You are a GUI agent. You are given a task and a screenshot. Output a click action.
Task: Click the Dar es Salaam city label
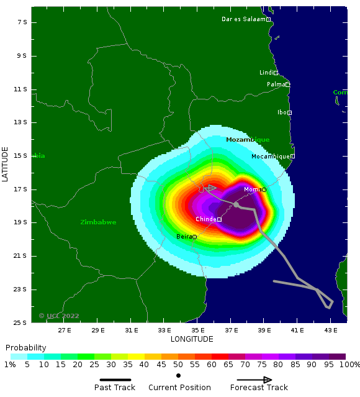pos(243,19)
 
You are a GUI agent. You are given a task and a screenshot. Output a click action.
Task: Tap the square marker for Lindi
pos(276,73)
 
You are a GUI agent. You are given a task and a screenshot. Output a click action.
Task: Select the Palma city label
pos(276,84)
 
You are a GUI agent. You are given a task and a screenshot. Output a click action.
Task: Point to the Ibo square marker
pos(289,112)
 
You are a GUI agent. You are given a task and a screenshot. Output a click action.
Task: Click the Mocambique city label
pos(270,157)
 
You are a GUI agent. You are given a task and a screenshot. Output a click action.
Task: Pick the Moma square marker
pos(264,189)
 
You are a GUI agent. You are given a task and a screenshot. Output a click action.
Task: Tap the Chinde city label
pos(205,219)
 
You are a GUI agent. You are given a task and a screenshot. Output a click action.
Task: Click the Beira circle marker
pos(194,237)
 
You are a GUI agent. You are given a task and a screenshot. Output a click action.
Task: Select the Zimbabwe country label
pos(98,222)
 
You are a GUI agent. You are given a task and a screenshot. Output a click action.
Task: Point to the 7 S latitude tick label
pos(21,22)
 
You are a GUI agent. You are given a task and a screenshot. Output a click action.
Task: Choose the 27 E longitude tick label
pos(65,331)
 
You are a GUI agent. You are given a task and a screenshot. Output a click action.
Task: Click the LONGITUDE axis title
pos(192,339)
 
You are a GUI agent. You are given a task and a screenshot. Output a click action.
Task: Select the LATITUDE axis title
pos(6,164)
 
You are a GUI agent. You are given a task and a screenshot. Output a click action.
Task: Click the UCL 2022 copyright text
pos(59,316)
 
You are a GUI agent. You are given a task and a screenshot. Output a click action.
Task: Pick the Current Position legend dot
pos(179,375)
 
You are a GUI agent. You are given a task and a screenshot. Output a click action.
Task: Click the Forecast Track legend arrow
pos(254,380)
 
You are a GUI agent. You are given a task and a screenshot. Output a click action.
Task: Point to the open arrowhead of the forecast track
pos(210,188)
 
